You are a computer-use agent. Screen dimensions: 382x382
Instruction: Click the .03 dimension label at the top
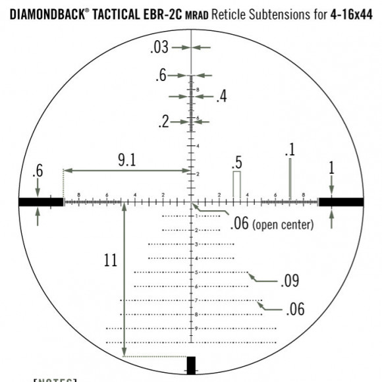click(x=160, y=47)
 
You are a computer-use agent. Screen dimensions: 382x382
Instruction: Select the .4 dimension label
click(x=221, y=97)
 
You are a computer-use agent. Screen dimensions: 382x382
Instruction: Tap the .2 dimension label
click(x=164, y=121)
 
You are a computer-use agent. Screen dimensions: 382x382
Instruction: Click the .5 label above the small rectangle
click(x=237, y=162)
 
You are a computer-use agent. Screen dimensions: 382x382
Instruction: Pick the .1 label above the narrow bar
click(x=290, y=150)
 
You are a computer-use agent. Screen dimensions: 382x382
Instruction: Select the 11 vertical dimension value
click(x=110, y=260)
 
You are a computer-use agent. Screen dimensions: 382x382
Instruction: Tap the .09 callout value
click(x=290, y=282)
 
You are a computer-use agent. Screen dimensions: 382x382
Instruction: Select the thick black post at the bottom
click(x=192, y=366)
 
